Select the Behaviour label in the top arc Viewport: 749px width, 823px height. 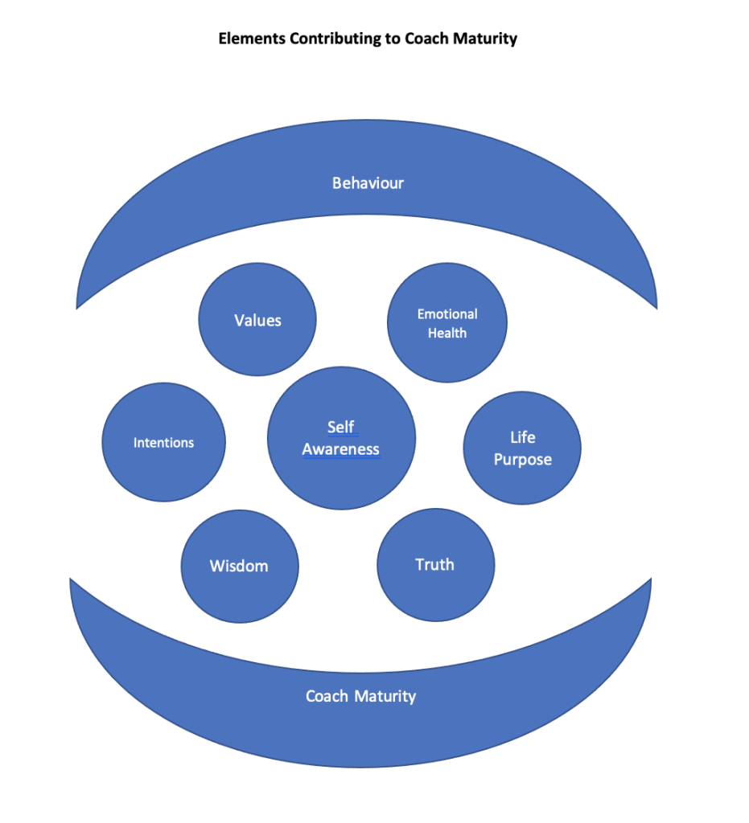(368, 183)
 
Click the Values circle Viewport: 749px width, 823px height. (257, 320)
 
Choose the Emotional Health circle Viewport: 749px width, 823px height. (447, 323)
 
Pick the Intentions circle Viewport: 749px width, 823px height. (163, 442)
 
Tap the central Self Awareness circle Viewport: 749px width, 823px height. (341, 439)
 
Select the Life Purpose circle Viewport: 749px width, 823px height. (522, 448)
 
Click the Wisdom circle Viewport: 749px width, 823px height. (239, 566)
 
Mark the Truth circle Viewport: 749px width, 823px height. (435, 565)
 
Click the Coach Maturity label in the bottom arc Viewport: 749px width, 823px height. (360, 696)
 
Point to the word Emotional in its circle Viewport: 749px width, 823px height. (447, 314)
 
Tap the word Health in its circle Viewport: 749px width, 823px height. (447, 334)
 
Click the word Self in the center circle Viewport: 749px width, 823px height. (341, 428)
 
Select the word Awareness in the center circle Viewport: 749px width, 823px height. (341, 450)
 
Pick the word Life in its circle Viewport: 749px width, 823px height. (522, 438)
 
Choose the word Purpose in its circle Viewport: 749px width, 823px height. (522, 460)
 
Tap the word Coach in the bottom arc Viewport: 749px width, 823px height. (327, 696)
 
